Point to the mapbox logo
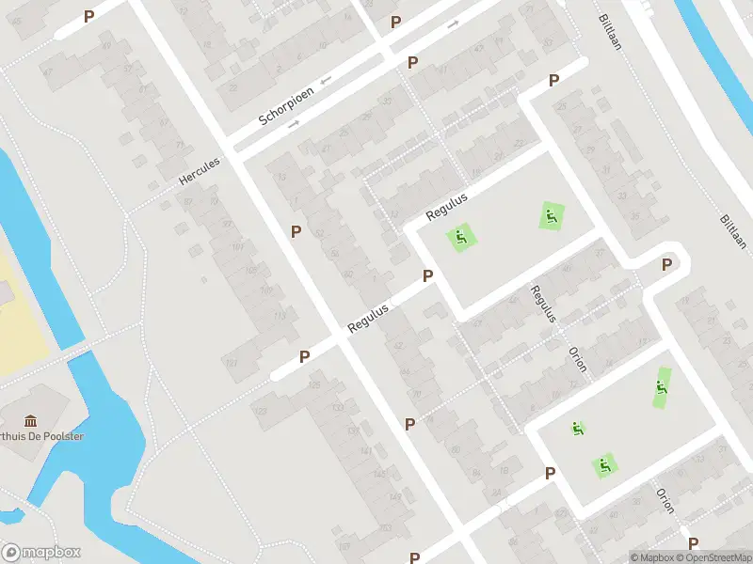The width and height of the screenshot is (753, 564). [41, 553]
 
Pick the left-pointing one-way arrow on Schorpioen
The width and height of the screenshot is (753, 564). [326, 82]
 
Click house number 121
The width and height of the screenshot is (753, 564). [232, 363]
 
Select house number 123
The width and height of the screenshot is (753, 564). [260, 411]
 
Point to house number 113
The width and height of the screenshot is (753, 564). [279, 316]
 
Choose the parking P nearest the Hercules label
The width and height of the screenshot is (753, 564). [296, 231]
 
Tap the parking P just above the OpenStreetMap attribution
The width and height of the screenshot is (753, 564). [693, 542]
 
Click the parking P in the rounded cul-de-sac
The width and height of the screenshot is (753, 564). [667, 264]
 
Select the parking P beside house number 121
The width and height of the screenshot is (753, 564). [305, 356]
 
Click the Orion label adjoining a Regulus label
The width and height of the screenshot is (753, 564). [577, 358]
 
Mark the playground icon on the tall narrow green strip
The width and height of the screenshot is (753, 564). [663, 386]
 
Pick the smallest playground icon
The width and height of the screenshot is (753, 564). [577, 429]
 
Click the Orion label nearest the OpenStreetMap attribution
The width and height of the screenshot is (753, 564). [665, 500]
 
